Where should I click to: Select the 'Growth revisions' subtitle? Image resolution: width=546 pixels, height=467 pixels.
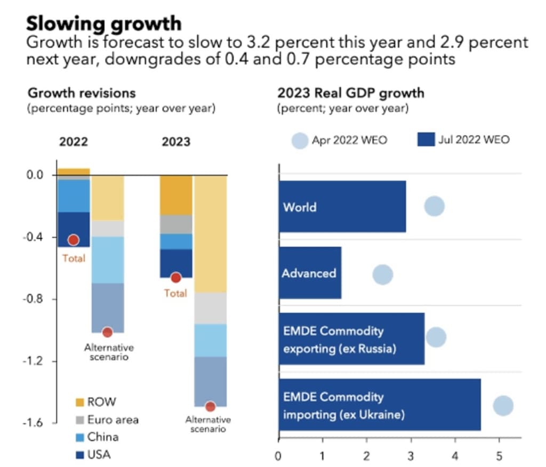pos(82,93)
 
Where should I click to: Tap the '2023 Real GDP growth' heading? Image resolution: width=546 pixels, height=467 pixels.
pos(351,93)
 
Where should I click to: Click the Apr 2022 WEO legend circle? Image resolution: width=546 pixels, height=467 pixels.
pos(300,141)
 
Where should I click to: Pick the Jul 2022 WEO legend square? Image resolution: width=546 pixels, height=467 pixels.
pos(425,140)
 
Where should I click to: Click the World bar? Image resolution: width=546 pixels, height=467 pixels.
pos(342,206)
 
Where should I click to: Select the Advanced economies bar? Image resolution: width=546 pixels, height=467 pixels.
pos(310,273)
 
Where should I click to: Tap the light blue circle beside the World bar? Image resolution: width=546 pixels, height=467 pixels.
pos(435,206)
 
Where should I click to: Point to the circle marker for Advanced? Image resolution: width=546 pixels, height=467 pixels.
pos(383,275)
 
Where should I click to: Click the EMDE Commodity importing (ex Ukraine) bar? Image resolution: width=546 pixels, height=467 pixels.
pos(380,405)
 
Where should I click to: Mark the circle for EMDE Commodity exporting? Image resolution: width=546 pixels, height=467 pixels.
pos(436,337)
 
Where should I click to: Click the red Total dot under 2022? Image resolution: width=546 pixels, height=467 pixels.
pos(74,240)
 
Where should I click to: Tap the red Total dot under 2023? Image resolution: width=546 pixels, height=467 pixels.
pos(176,278)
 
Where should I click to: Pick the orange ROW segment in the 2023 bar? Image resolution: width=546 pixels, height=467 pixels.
pos(176,195)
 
